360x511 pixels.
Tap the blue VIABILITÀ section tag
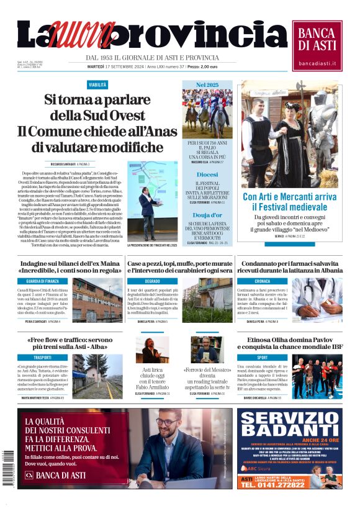pos(97,84)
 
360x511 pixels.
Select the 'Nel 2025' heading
pos(208,84)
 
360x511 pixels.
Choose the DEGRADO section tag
pos(152,281)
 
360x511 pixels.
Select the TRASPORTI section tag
pos(42,358)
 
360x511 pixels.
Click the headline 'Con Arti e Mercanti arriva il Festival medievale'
pos(289,202)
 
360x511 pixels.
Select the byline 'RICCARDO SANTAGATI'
pos(63,164)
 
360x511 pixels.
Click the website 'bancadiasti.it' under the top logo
pos(317,63)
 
